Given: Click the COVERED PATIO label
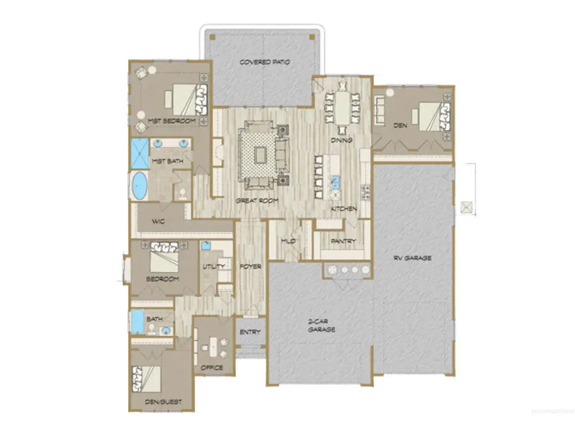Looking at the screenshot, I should click(x=264, y=63).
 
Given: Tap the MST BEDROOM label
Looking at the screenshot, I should click(x=167, y=121).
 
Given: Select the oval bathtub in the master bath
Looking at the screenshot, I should click(x=139, y=187).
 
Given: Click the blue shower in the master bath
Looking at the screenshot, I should click(x=139, y=153).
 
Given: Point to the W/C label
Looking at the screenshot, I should click(x=159, y=221).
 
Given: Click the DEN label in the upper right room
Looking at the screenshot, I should click(x=401, y=126).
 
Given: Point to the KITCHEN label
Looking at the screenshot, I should click(x=343, y=209).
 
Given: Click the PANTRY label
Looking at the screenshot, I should click(x=342, y=241).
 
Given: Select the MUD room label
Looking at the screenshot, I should click(x=288, y=241).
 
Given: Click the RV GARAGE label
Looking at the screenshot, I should click(x=412, y=258).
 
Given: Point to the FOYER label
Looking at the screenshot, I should click(x=250, y=266).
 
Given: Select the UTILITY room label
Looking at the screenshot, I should click(x=211, y=268).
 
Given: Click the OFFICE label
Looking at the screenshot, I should click(x=211, y=368).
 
